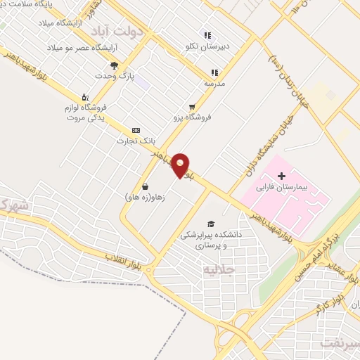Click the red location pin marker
(x=181, y=165)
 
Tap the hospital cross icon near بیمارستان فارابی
(x=282, y=175)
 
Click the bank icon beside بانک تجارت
(x=136, y=130)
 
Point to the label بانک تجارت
(x=136, y=141)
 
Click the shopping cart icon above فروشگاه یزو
(x=192, y=107)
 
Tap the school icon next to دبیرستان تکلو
(x=207, y=35)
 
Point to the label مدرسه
(x=215, y=83)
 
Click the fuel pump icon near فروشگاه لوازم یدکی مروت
(x=85, y=97)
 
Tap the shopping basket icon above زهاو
(x=145, y=187)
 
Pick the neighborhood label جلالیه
(x=217, y=269)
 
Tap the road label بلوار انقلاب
(x=124, y=261)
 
